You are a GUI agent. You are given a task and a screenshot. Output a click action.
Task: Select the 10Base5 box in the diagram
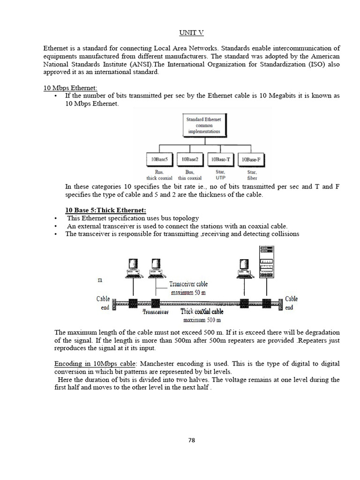[161, 160]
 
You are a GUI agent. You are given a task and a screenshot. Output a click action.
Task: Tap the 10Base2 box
[191, 160]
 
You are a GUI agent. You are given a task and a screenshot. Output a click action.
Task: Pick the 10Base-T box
[221, 160]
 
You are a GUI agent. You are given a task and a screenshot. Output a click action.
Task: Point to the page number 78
[191, 440]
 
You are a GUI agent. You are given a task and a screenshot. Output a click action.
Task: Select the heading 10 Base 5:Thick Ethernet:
[105, 210]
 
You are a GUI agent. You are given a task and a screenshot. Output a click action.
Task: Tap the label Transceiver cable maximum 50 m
[188, 288]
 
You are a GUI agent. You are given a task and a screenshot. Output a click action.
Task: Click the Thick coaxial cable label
[202, 311]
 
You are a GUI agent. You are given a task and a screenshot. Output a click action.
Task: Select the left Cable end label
[104, 303]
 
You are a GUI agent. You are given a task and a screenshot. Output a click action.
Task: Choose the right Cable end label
[291, 303]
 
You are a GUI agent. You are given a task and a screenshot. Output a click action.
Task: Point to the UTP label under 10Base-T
[221, 178]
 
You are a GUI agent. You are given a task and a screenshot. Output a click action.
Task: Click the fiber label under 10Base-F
[252, 178]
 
